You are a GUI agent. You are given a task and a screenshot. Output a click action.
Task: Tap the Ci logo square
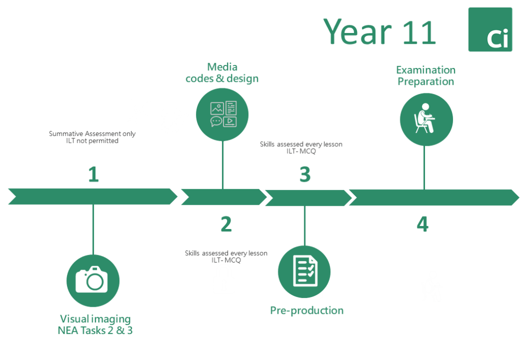pos(490,29)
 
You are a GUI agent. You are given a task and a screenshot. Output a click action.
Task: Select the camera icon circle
pos(93,281)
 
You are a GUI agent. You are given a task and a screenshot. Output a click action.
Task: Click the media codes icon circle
pos(222,115)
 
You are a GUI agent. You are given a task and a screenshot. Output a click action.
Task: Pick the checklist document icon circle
pos(304,272)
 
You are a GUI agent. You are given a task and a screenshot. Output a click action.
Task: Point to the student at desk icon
pos(426,119)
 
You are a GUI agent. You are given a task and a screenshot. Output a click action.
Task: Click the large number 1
pos(93,174)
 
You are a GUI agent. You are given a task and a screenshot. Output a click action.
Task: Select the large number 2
pos(226,224)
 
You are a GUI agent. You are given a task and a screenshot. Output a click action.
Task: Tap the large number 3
pos(305,174)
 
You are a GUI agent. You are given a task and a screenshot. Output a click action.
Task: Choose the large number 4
pos(422,224)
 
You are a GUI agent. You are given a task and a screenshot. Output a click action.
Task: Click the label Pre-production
pos(307,311)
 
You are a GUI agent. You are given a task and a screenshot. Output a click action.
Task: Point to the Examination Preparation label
pos(426,76)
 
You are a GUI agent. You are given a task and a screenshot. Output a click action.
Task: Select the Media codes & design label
pos(222,73)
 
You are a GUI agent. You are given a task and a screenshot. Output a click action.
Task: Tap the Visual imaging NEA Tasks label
pos(95,324)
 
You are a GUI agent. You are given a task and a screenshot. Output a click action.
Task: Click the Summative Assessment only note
pos(92,137)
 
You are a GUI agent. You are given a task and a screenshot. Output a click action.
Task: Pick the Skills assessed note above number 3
pos(301,148)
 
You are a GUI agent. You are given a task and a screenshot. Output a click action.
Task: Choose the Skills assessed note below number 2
pos(226,256)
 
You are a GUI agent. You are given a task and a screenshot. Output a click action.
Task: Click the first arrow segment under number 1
pos(93,197)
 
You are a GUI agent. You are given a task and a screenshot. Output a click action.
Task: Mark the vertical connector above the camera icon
pos(93,230)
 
